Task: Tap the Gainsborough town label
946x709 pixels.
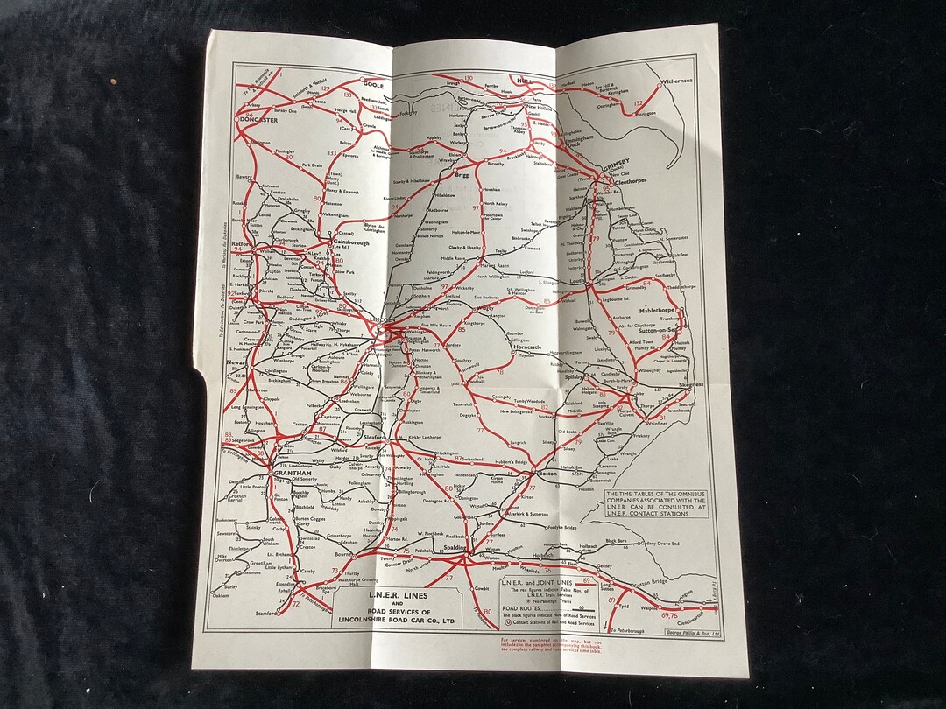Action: (x=351, y=244)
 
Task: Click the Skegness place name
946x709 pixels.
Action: (x=691, y=384)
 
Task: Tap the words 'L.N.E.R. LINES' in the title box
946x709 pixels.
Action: (x=386, y=596)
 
